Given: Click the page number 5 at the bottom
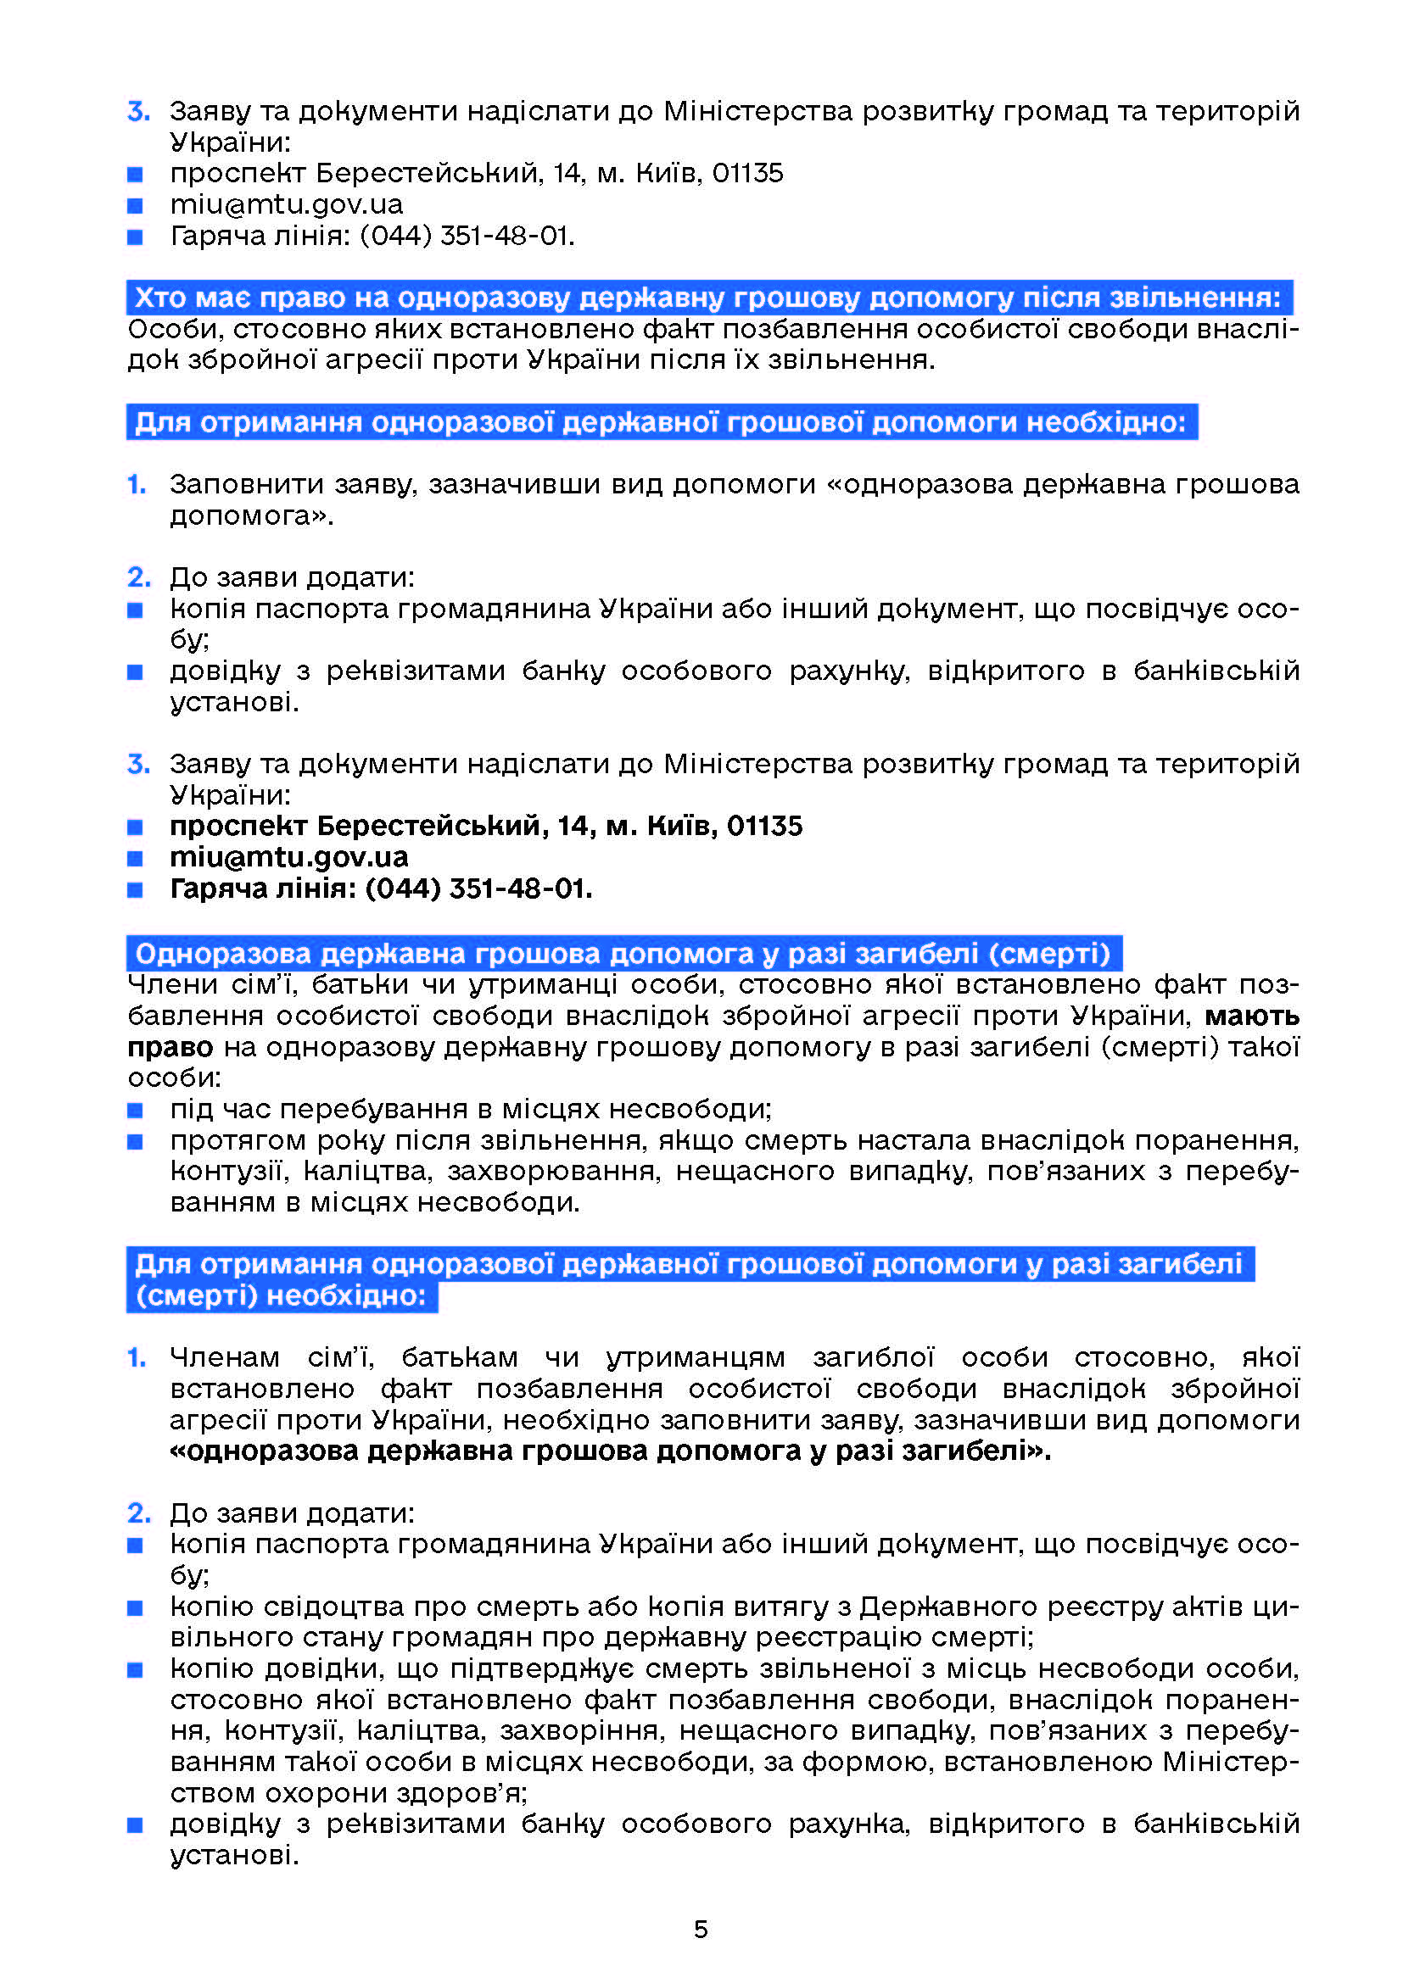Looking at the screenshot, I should (701, 1929).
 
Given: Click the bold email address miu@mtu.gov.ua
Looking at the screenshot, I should (288, 857).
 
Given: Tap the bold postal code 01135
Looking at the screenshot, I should (764, 826).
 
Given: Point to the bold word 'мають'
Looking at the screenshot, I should (1252, 1016).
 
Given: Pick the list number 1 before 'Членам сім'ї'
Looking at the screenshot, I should (137, 1357).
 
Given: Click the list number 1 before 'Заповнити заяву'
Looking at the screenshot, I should (137, 485).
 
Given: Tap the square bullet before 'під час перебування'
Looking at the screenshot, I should (135, 1110).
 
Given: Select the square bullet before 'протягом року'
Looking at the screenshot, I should (135, 1142).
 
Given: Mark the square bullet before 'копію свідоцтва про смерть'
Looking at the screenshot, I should (135, 1608).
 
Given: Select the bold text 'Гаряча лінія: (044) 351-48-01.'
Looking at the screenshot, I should (381, 888).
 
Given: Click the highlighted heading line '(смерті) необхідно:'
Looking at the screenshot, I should (282, 1296).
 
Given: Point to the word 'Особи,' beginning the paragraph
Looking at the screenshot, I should (176, 329).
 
